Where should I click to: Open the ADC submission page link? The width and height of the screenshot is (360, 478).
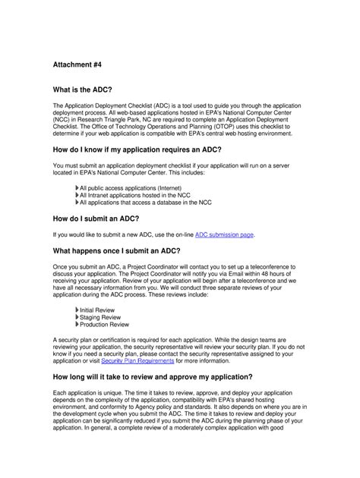click(225, 234)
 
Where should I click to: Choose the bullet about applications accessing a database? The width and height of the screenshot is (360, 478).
click(145, 203)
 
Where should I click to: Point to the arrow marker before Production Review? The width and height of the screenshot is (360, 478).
click(77, 325)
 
